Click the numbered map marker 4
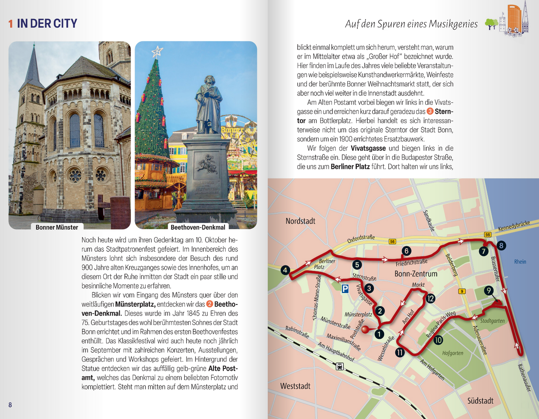[285, 270]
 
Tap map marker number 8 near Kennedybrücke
[501, 246]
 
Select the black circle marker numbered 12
[430, 298]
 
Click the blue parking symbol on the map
[345, 289]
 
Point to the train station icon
[340, 366]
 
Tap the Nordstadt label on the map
[300, 221]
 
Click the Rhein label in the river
[520, 262]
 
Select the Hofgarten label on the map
[452, 353]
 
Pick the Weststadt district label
[295, 386]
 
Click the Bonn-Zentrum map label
[416, 274]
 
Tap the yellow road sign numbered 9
[462, 292]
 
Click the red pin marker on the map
[365, 330]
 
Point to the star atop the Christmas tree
[157, 52]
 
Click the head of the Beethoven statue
[209, 81]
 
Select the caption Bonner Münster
[57, 227]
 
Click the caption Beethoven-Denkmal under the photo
[198, 227]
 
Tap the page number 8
[10, 405]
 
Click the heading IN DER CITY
[47, 23]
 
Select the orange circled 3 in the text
[430, 111]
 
